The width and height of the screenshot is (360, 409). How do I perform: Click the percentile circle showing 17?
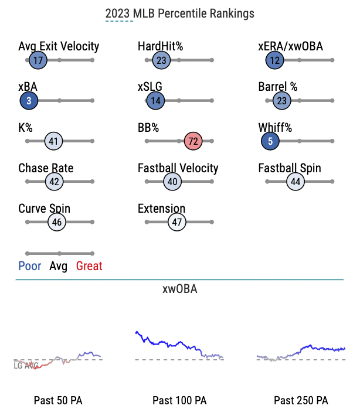[x=38, y=60]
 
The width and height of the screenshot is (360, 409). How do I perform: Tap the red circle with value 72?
[x=193, y=141]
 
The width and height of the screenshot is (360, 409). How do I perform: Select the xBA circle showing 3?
[x=29, y=101]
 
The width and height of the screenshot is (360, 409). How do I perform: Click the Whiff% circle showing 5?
[x=270, y=141]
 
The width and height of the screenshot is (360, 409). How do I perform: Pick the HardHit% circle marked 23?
[x=161, y=60]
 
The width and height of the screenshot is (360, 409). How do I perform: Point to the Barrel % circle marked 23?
[x=281, y=101]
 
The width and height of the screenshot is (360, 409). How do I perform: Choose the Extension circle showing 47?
[x=176, y=222]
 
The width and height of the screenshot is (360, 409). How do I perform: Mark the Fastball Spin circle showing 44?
[x=296, y=182]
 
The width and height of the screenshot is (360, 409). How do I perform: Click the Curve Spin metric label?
[x=44, y=209]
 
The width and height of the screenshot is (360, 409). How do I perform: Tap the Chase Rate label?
[x=46, y=168]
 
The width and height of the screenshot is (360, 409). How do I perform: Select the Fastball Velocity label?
[x=178, y=168]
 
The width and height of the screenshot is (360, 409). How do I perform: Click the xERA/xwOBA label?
[x=291, y=46]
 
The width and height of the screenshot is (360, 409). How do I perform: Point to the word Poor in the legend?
[x=30, y=266]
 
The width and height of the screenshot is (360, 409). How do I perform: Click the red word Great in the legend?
[x=89, y=266]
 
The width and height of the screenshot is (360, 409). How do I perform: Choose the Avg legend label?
[x=58, y=267]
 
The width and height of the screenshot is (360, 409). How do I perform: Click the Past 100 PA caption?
[x=179, y=400]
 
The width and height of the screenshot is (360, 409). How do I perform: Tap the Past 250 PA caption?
[x=301, y=400]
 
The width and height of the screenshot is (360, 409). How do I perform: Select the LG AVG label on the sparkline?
[x=26, y=366]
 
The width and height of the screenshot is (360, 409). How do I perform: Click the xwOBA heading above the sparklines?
[x=180, y=289]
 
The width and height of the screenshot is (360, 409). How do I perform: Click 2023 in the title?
[x=117, y=13]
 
